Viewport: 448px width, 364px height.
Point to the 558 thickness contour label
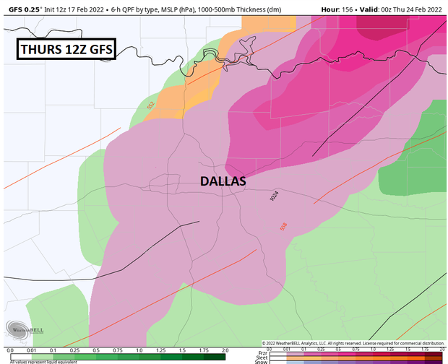click(283, 226)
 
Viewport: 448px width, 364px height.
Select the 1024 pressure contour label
click(273, 196)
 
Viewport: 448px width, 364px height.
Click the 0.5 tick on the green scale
click(96, 350)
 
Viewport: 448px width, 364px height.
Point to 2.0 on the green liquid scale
click(225, 350)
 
